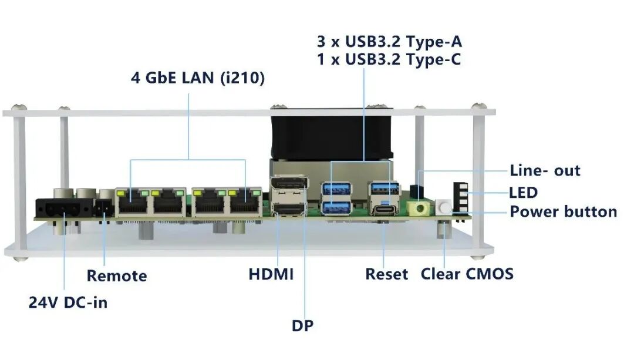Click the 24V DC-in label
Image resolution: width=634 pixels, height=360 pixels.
pyautogui.click(x=68, y=302)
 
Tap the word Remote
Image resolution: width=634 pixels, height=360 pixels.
pyautogui.click(x=117, y=276)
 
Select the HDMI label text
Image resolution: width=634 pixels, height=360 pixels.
pyautogui.click(x=271, y=274)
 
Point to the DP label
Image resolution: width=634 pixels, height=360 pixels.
pyautogui.click(x=302, y=325)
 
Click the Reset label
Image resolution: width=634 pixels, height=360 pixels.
pyautogui.click(x=386, y=274)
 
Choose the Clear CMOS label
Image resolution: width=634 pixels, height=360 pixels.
pyautogui.click(x=467, y=274)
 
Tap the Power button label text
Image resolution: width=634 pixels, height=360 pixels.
pyautogui.click(x=563, y=211)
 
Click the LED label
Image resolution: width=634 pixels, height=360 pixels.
pyautogui.click(x=523, y=193)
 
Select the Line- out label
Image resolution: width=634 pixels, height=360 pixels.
pyautogui.click(x=545, y=170)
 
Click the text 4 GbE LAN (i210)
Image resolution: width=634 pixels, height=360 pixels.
pyautogui.click(x=198, y=78)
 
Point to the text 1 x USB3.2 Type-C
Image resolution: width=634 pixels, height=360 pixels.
pyautogui.click(x=389, y=59)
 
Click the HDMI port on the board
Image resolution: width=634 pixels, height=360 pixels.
pyautogui.click(x=289, y=209)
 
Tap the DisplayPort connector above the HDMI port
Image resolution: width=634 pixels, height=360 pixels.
pyautogui.click(x=289, y=188)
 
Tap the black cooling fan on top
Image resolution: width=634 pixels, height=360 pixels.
pyautogui.click(x=332, y=133)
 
